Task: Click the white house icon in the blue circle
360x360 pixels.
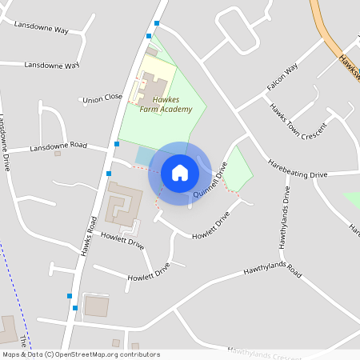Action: tap(180, 173)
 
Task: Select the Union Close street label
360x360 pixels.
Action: tap(102, 98)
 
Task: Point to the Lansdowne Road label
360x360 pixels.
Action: tap(58, 147)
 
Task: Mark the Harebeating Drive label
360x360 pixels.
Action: tap(298, 173)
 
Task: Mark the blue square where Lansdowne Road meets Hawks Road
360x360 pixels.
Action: tap(117, 144)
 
